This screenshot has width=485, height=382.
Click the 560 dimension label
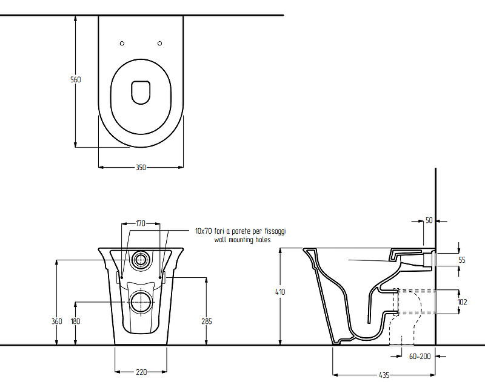pos(75,79)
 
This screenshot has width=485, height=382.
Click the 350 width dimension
pos(141,167)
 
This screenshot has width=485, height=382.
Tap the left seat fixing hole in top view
pos(122,44)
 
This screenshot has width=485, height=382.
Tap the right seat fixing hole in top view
pos(159,44)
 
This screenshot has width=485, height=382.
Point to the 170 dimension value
pos(141,223)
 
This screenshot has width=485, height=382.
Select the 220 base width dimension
pos(141,372)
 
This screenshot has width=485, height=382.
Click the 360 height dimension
pos(57,321)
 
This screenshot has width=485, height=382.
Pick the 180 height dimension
pos(75,321)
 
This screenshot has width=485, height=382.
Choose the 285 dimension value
pos(207,321)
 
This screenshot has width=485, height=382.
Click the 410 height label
pos(280,292)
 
